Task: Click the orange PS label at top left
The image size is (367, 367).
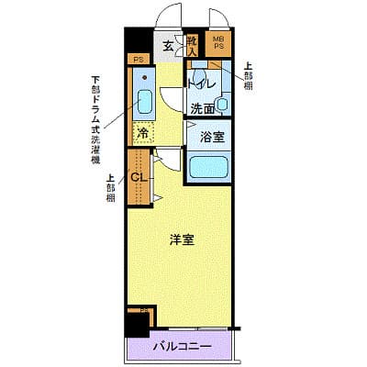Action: coord(139,61)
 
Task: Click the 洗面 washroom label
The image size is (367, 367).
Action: coord(202,108)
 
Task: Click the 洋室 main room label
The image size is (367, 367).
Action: coord(181,240)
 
